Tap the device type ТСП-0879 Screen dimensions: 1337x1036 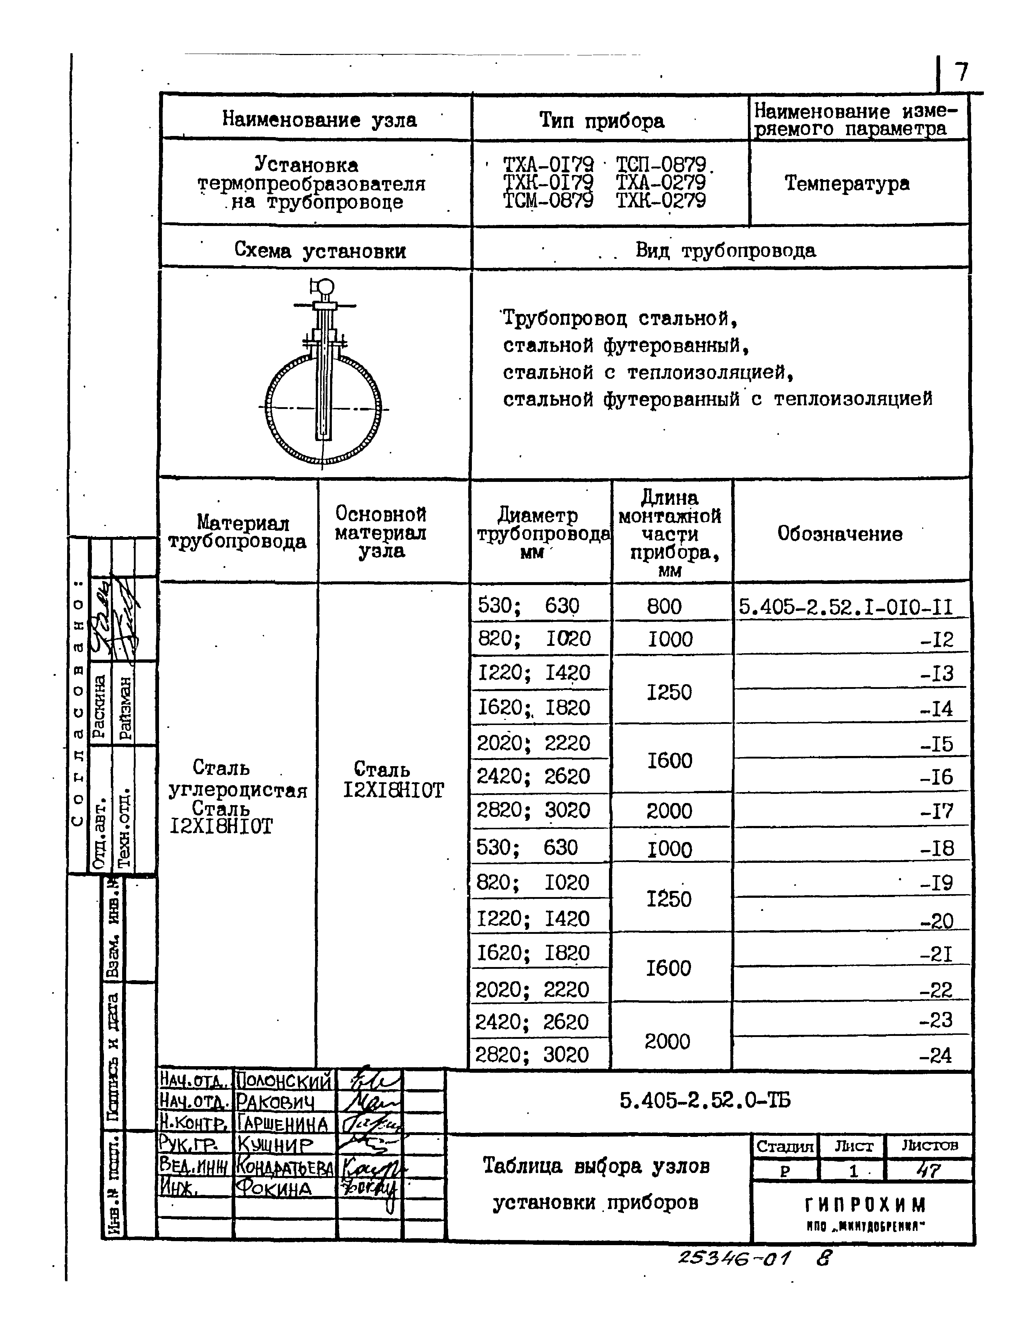[x=661, y=164]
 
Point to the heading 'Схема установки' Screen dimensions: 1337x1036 [x=319, y=250]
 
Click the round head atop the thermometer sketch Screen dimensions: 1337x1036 [x=325, y=286]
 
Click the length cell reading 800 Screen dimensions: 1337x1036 [x=664, y=607]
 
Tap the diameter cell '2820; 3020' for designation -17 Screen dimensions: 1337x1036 [x=533, y=811]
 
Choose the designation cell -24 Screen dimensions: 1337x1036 [x=936, y=1055]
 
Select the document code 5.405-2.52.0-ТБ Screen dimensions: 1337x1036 [x=705, y=1101]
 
